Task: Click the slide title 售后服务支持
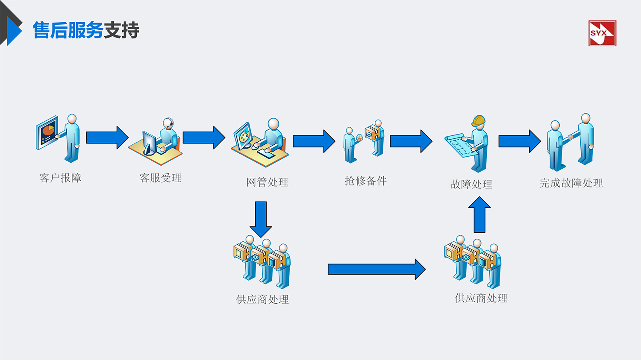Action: [x=86, y=30]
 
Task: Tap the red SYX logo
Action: [x=602, y=33]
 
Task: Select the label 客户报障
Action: [x=60, y=178]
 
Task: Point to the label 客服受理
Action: [x=160, y=178]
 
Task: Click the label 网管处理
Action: [x=267, y=182]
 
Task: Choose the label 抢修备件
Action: [x=366, y=181]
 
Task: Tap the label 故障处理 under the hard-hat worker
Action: [x=471, y=184]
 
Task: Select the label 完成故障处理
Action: [x=571, y=183]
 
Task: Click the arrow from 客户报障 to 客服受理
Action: [x=107, y=138]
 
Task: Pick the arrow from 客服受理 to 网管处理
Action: [x=203, y=138]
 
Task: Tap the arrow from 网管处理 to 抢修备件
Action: [x=314, y=141]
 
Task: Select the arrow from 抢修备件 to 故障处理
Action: [x=411, y=141]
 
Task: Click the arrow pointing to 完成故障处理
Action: [x=519, y=141]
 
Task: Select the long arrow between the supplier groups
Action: [x=376, y=269]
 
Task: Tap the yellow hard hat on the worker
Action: [x=479, y=121]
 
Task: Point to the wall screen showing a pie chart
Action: [x=47, y=133]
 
